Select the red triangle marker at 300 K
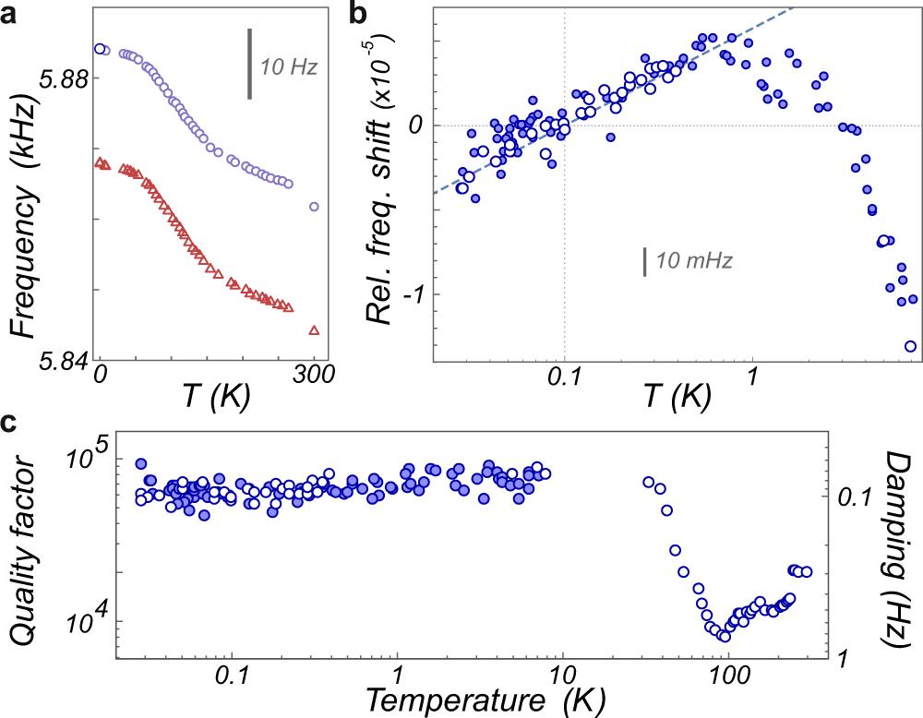pos(314,329)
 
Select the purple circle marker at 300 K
pos(314,207)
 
